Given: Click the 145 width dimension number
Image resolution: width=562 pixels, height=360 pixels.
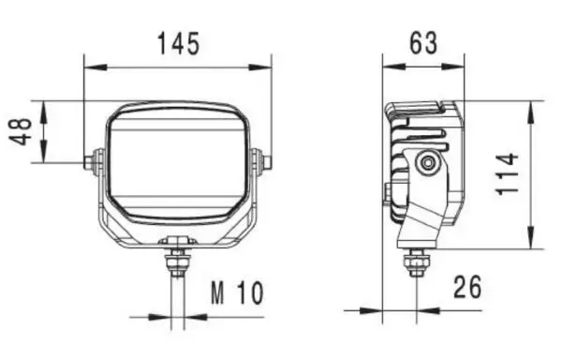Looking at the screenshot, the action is (178, 44).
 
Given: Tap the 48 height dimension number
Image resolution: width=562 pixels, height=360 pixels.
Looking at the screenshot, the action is (21, 131).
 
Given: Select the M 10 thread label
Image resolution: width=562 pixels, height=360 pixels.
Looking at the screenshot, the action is (237, 292).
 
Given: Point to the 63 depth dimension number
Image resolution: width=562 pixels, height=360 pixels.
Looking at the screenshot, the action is (423, 43).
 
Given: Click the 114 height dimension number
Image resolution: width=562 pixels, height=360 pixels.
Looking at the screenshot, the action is (507, 173).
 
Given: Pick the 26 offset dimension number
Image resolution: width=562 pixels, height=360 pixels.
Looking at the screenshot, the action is (467, 287).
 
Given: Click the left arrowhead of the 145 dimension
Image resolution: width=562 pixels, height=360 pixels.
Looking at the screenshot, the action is (96, 67).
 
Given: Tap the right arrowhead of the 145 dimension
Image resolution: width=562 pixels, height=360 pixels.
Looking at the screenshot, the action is (259, 67).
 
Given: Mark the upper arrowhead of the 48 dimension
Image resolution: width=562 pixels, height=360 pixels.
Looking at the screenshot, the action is (43, 112).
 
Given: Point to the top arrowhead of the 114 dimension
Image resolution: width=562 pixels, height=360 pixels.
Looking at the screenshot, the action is (531, 112).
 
